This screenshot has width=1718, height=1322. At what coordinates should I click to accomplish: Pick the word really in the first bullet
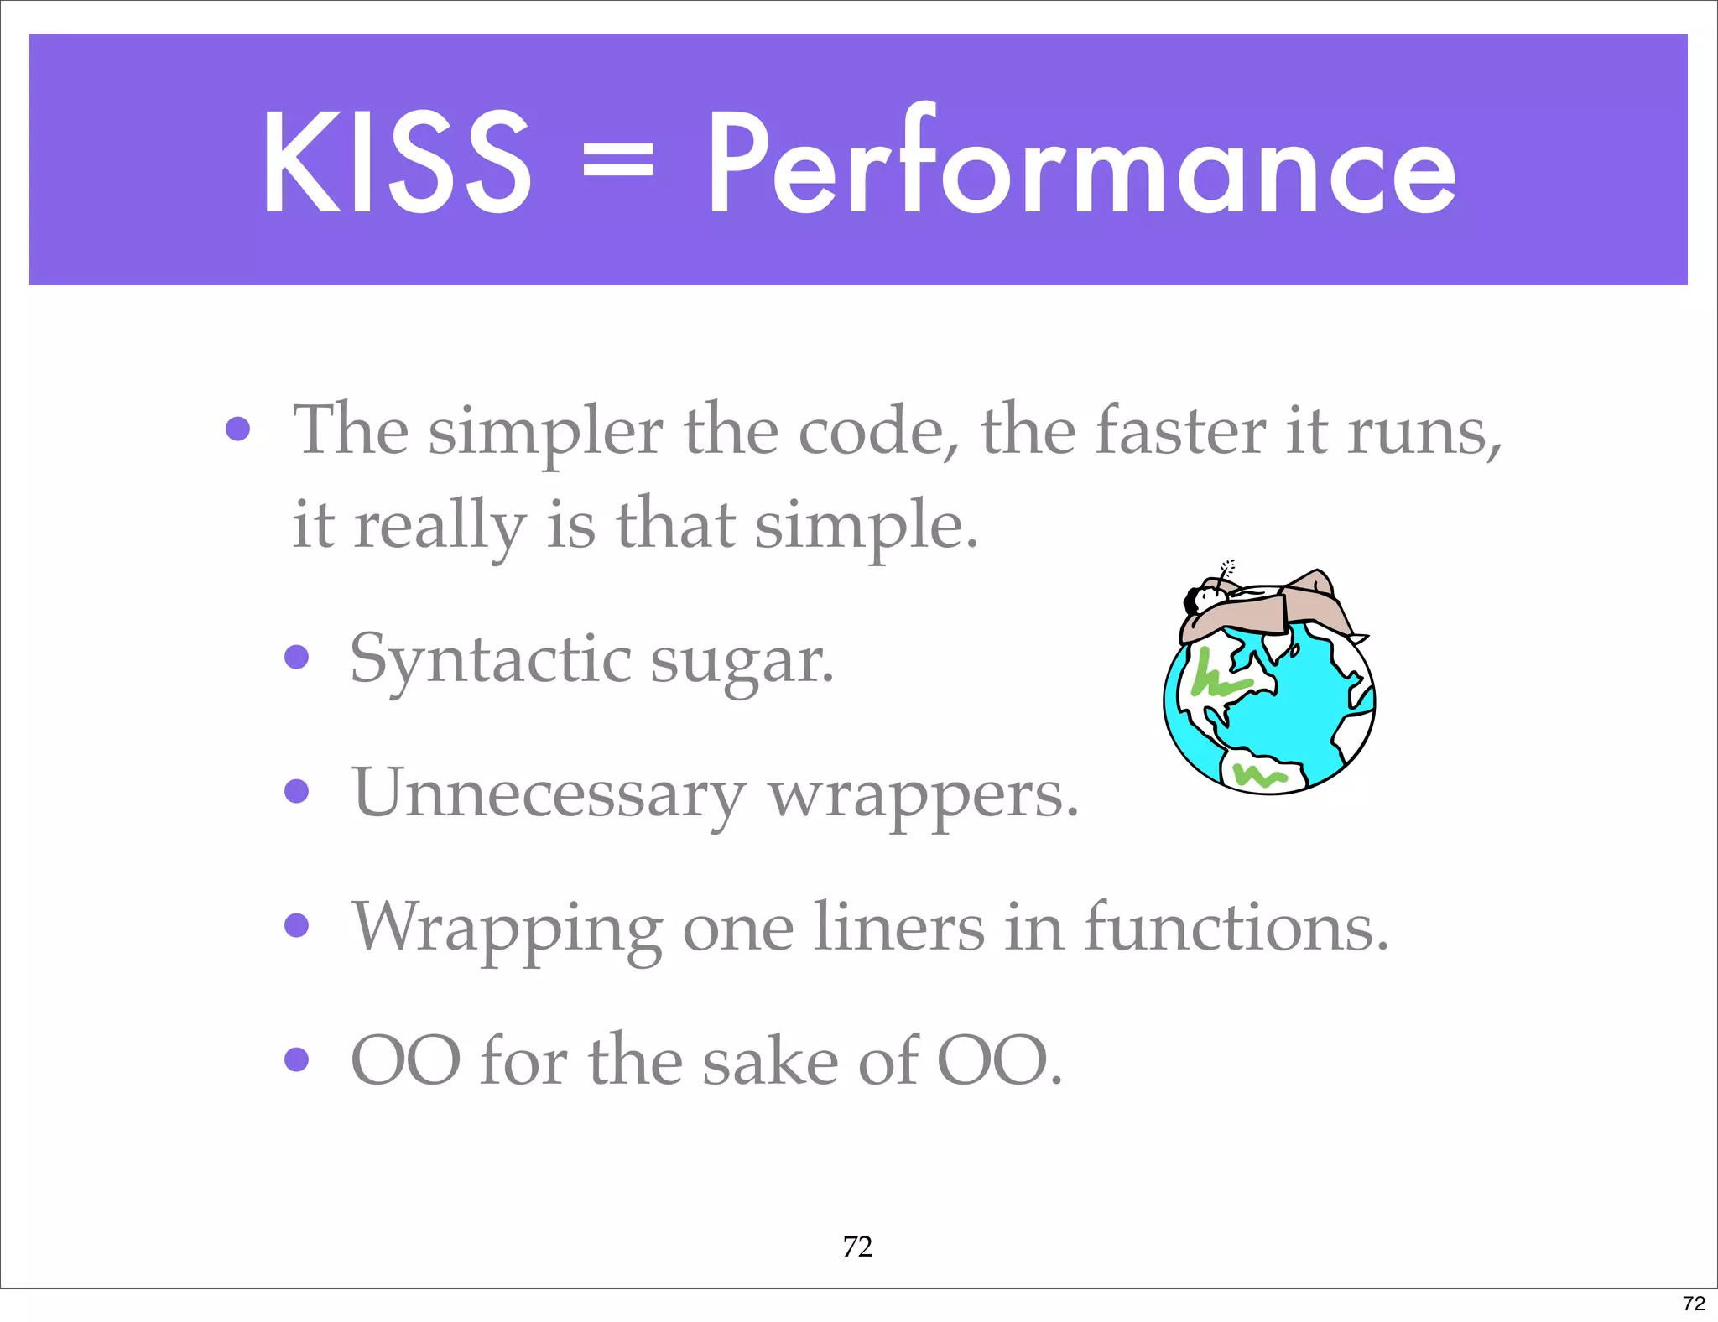(440, 526)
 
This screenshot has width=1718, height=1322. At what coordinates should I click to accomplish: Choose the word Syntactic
(491, 660)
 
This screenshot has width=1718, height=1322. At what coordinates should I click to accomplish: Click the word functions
(1236, 928)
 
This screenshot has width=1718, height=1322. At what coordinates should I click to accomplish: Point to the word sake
(770, 1061)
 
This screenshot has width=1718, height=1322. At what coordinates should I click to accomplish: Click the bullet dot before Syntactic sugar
(296, 656)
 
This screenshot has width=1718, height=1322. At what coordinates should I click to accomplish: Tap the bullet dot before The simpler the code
(238, 429)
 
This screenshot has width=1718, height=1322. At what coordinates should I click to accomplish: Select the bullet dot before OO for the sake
(296, 1059)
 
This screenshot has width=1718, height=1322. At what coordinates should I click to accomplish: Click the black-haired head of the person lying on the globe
(1192, 599)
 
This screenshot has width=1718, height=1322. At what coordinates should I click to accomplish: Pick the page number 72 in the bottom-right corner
(1694, 1303)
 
